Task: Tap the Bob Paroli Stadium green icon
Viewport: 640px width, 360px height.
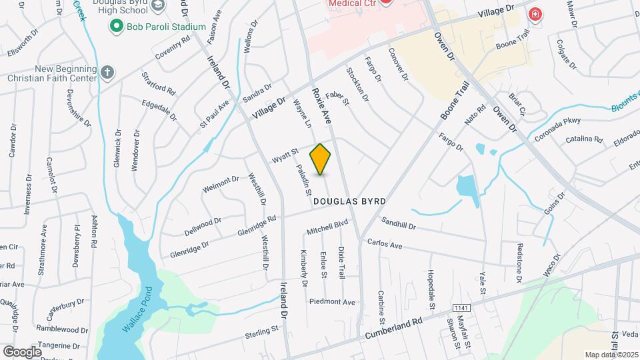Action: [x=117, y=27]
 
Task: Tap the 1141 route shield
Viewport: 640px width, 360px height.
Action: [x=460, y=308]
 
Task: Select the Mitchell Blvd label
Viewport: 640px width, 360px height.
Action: [x=328, y=227]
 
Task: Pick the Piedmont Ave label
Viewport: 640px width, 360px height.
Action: [x=332, y=302]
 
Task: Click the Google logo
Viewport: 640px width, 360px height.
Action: [x=22, y=351]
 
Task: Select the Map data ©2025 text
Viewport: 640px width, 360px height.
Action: [x=611, y=354]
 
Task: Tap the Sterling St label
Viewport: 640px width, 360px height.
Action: [x=261, y=331]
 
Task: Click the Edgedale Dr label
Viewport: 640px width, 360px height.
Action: [x=159, y=110]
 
